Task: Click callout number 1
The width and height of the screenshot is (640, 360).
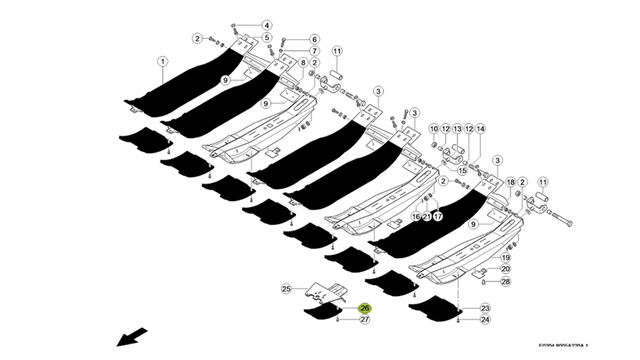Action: coord(162,61)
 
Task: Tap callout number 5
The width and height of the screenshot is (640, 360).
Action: coord(266,37)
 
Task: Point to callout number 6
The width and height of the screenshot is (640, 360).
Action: coord(313,39)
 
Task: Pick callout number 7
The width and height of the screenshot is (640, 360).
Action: coord(313,50)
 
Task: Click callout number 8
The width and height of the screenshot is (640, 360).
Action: coord(303,62)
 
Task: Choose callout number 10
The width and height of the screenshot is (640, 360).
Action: coord(433,129)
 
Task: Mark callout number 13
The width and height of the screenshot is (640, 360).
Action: coord(457,129)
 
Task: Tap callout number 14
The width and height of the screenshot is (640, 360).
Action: coord(480,129)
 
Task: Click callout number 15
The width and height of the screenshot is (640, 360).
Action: coord(462,170)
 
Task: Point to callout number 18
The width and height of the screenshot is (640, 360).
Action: coord(510,182)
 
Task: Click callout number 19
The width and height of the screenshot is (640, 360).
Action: coord(505,257)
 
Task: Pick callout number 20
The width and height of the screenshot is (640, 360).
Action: coord(505,268)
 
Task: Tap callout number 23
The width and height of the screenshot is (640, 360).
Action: coord(485,308)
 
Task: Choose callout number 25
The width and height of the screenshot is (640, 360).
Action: coord(285,289)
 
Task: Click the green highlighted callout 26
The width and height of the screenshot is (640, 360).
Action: coord(365,308)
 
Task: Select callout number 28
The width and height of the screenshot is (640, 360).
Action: coord(505,282)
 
